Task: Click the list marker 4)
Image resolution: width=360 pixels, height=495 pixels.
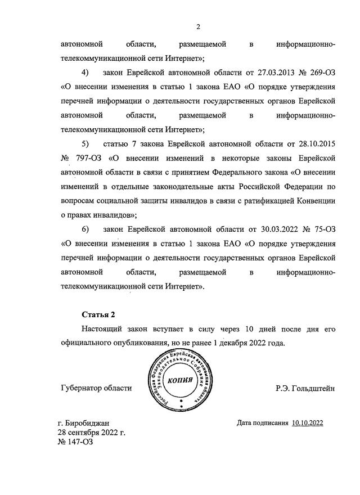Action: pos(85,73)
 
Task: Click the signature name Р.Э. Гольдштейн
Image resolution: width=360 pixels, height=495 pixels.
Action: pos(305,388)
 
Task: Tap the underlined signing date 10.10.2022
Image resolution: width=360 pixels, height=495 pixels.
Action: pos(308,422)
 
